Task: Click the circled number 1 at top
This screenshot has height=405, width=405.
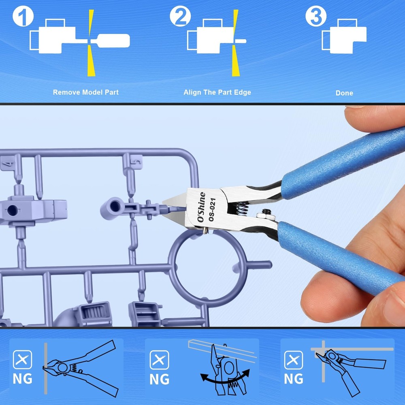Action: click(23, 18)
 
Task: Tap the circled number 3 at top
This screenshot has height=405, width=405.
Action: click(316, 17)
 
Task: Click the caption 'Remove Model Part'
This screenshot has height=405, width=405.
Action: click(86, 92)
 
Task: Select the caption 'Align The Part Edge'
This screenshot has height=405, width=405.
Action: click(217, 92)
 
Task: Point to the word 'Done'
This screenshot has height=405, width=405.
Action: click(344, 93)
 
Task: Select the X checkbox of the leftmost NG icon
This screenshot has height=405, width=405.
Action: click(23, 359)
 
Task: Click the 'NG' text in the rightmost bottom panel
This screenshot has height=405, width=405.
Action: click(294, 379)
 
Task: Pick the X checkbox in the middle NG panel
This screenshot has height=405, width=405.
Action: click(160, 360)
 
